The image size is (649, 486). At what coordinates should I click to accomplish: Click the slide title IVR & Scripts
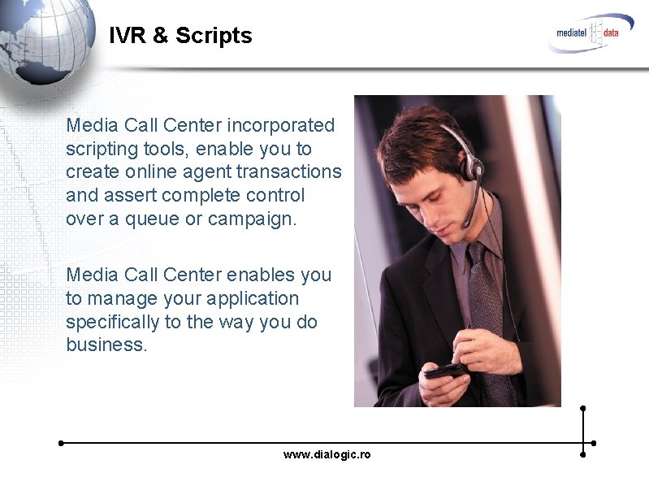[x=180, y=36]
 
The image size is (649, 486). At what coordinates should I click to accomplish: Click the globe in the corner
[x=45, y=41]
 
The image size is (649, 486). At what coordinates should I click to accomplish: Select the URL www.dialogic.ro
[x=327, y=454]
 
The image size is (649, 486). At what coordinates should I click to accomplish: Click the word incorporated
[x=280, y=125]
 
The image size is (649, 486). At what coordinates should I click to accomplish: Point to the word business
[x=106, y=345]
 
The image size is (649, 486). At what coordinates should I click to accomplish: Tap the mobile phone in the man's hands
[x=446, y=371]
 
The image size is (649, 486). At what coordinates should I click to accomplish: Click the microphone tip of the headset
[x=466, y=225]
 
